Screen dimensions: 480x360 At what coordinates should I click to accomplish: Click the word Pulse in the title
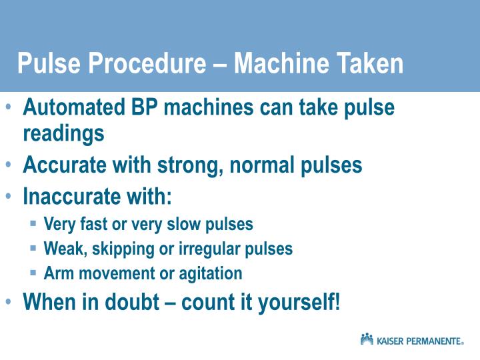[x=49, y=63]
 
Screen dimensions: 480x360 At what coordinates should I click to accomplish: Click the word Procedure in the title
[x=147, y=63]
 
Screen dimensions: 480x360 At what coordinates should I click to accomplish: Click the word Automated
[x=74, y=107]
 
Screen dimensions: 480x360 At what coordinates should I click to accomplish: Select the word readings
[x=64, y=134]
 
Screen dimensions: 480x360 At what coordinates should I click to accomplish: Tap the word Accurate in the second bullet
[x=64, y=165]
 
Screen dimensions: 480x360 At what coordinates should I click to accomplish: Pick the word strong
[x=191, y=166]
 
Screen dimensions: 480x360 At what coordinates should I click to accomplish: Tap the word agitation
[x=211, y=274]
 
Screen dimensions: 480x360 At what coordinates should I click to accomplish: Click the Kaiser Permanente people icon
[x=367, y=339]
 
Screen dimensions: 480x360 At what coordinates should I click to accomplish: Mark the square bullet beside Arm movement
[x=33, y=272]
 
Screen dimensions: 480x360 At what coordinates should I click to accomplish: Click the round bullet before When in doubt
[x=8, y=301]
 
